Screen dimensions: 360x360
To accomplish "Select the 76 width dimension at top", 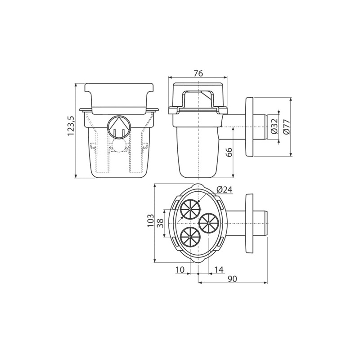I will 198,73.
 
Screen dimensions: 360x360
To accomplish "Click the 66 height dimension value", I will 229,152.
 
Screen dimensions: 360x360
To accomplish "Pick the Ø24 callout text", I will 224,190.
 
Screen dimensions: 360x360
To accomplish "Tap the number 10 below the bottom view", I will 180,270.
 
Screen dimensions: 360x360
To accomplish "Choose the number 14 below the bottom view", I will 219,270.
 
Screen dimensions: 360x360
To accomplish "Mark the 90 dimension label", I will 232,279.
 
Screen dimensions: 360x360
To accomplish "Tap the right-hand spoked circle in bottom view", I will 208,223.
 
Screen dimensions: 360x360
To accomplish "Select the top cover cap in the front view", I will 119,96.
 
